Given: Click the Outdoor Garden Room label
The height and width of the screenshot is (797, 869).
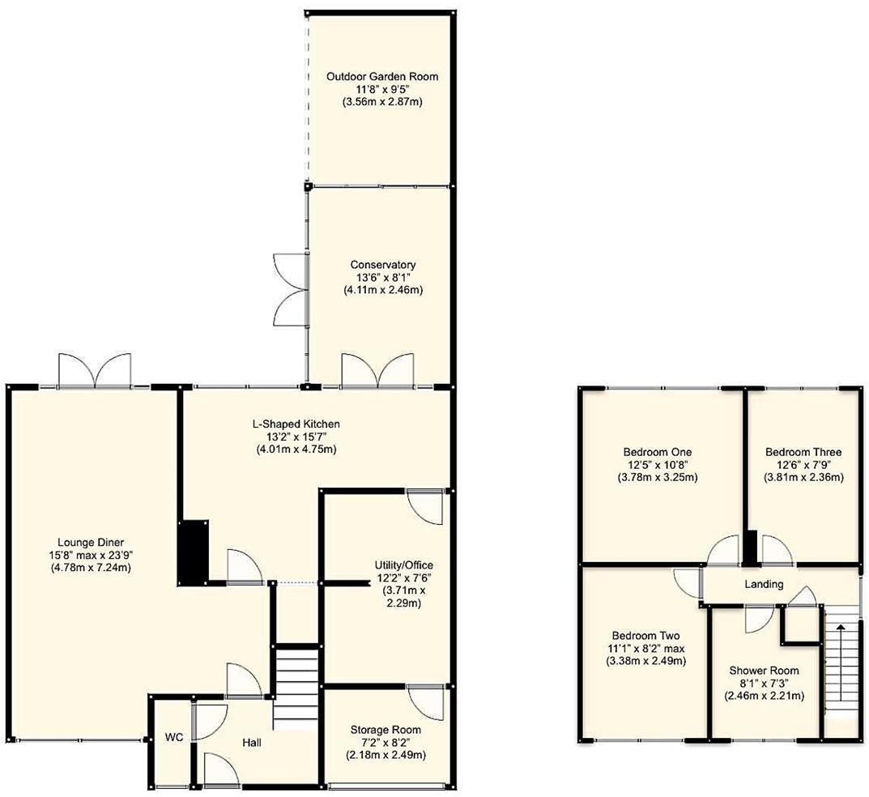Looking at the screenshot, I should [382, 76].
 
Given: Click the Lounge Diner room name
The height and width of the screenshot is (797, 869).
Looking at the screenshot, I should [90, 542].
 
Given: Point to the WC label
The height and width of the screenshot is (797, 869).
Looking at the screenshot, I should [173, 738].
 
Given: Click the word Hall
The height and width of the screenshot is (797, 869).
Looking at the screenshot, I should [251, 741].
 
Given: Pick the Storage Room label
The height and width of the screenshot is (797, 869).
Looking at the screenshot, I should [385, 729].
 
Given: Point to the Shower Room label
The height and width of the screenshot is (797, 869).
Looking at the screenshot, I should [764, 670].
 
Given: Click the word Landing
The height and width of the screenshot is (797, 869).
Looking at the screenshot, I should [763, 584].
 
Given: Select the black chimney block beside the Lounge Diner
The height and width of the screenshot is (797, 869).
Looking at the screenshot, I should [194, 552].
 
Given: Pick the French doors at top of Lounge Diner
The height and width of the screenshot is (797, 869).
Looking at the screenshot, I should [95, 372].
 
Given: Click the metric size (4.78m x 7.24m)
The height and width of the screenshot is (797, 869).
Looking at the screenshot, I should [90, 568].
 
